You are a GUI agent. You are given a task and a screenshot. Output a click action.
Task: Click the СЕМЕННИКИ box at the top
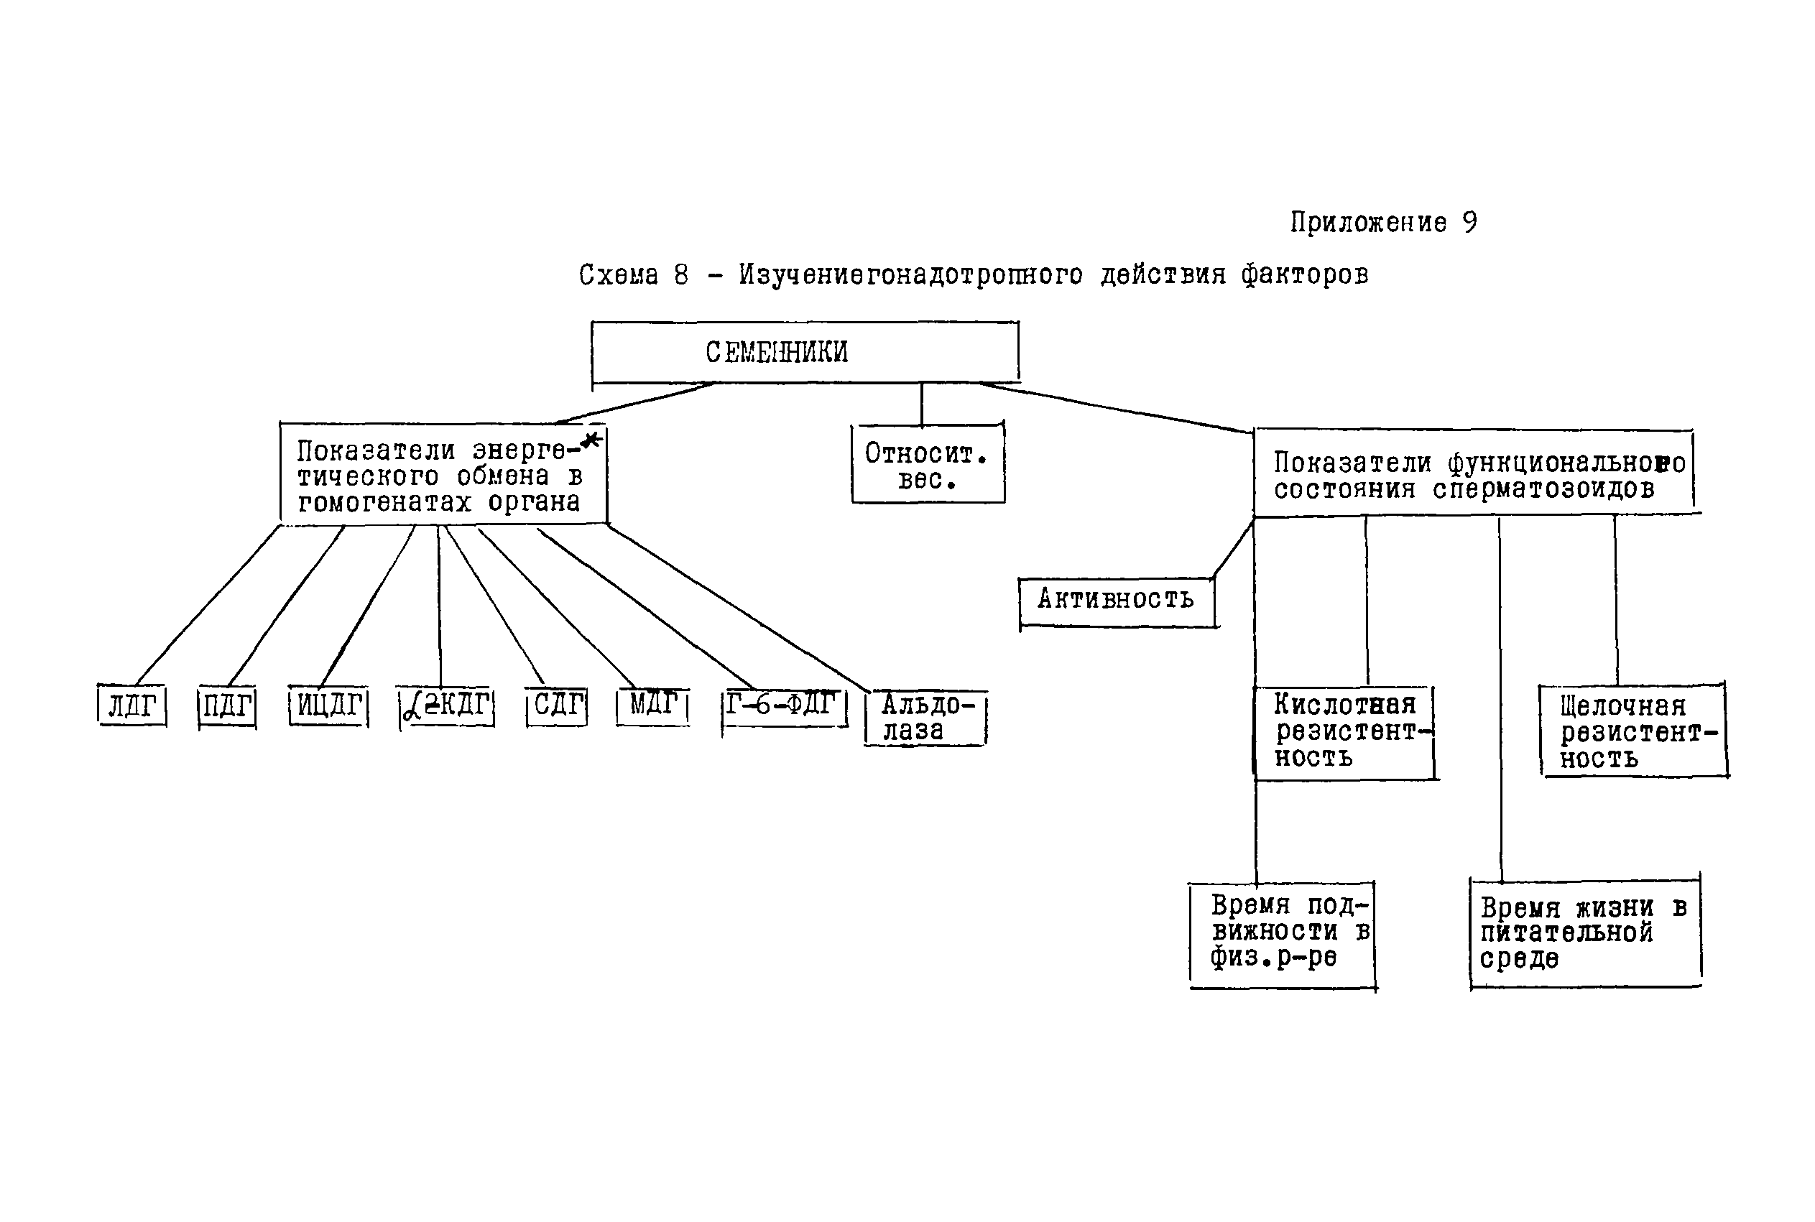point(804,352)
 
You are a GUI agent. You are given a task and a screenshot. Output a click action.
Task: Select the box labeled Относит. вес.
point(928,465)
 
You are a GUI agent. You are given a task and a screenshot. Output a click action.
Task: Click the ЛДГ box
point(131,706)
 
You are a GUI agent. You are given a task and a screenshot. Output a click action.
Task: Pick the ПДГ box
point(227,707)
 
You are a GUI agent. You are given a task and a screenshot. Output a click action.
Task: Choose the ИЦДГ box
point(328,706)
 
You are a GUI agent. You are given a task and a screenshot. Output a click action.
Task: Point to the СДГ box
point(556,706)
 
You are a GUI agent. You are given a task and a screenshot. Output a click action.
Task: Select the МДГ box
point(652,705)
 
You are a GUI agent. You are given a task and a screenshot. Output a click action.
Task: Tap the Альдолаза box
point(925,718)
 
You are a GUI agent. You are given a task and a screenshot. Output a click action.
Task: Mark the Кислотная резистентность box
point(1344,732)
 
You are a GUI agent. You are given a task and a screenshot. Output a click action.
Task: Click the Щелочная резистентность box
point(1633,732)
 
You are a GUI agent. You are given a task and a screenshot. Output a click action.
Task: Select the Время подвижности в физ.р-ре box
point(1282,934)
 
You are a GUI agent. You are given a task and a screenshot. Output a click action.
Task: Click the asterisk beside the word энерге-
point(591,440)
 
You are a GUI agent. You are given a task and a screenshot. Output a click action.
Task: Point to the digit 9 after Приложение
point(1469,223)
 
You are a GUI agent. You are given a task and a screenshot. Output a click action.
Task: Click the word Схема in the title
point(618,275)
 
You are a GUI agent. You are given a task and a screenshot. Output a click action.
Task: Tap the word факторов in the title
point(1305,275)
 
